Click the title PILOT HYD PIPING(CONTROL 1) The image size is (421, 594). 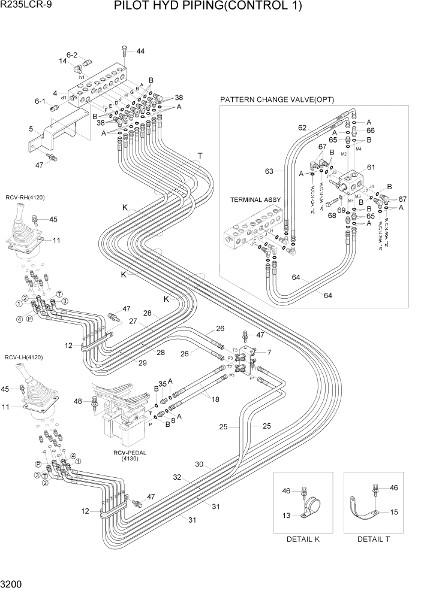tap(216, 7)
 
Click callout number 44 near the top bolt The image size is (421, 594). tap(140, 51)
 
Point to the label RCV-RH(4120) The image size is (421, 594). tap(25, 197)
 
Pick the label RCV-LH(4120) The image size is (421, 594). tap(25, 357)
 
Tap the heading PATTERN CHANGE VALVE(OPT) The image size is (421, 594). tap(276, 99)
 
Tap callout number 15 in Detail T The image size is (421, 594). tap(393, 512)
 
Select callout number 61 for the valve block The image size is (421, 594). tap(371, 167)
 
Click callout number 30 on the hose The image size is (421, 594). tap(199, 464)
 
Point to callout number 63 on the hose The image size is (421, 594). tap(269, 172)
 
